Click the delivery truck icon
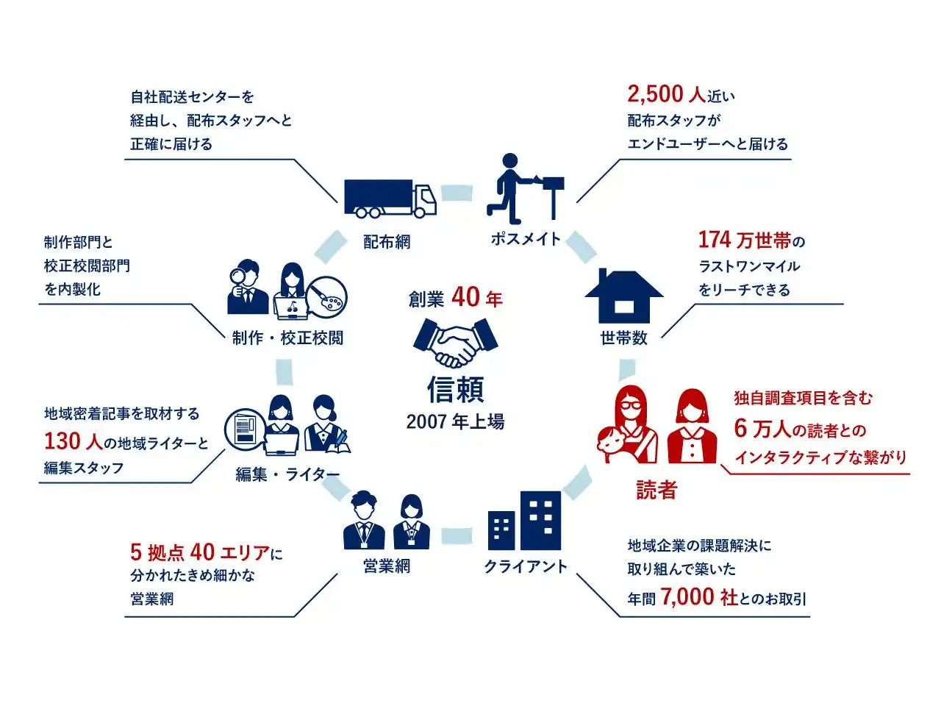point(390,198)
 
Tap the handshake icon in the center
point(455,343)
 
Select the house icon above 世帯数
point(623,296)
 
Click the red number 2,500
point(655,94)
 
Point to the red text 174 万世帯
point(745,240)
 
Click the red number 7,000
point(687,596)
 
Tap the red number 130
point(62,441)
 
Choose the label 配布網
point(386,242)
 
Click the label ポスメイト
point(526,239)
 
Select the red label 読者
point(656,490)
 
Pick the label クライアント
point(525,566)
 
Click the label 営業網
point(386,566)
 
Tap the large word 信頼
point(455,389)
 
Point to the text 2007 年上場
point(455,422)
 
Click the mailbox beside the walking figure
point(553,197)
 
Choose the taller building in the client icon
point(540,520)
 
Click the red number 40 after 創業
point(465,296)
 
